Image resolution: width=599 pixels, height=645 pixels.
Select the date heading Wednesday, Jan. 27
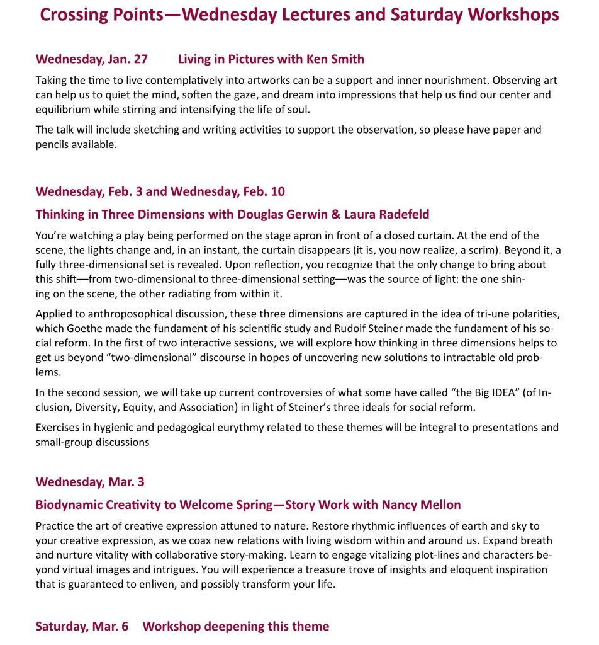(x=92, y=59)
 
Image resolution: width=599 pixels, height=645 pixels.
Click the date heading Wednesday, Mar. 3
(x=90, y=482)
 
